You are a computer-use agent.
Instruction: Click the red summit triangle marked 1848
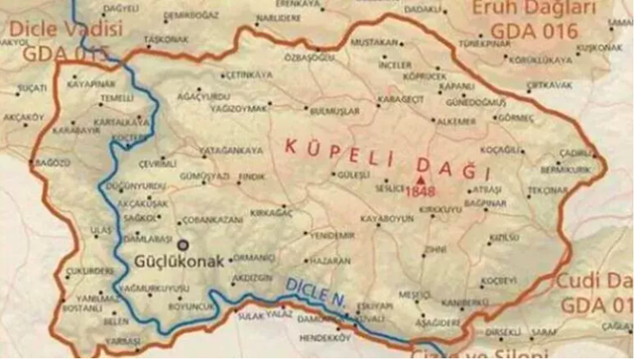[x=420, y=180]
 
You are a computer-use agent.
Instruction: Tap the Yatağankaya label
[x=231, y=150]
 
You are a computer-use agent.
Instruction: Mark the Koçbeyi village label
[x=499, y=281]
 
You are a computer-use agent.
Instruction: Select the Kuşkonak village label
[x=598, y=47]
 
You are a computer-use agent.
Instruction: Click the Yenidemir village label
[x=331, y=235]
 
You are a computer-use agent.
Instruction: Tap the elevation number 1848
[x=420, y=190]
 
